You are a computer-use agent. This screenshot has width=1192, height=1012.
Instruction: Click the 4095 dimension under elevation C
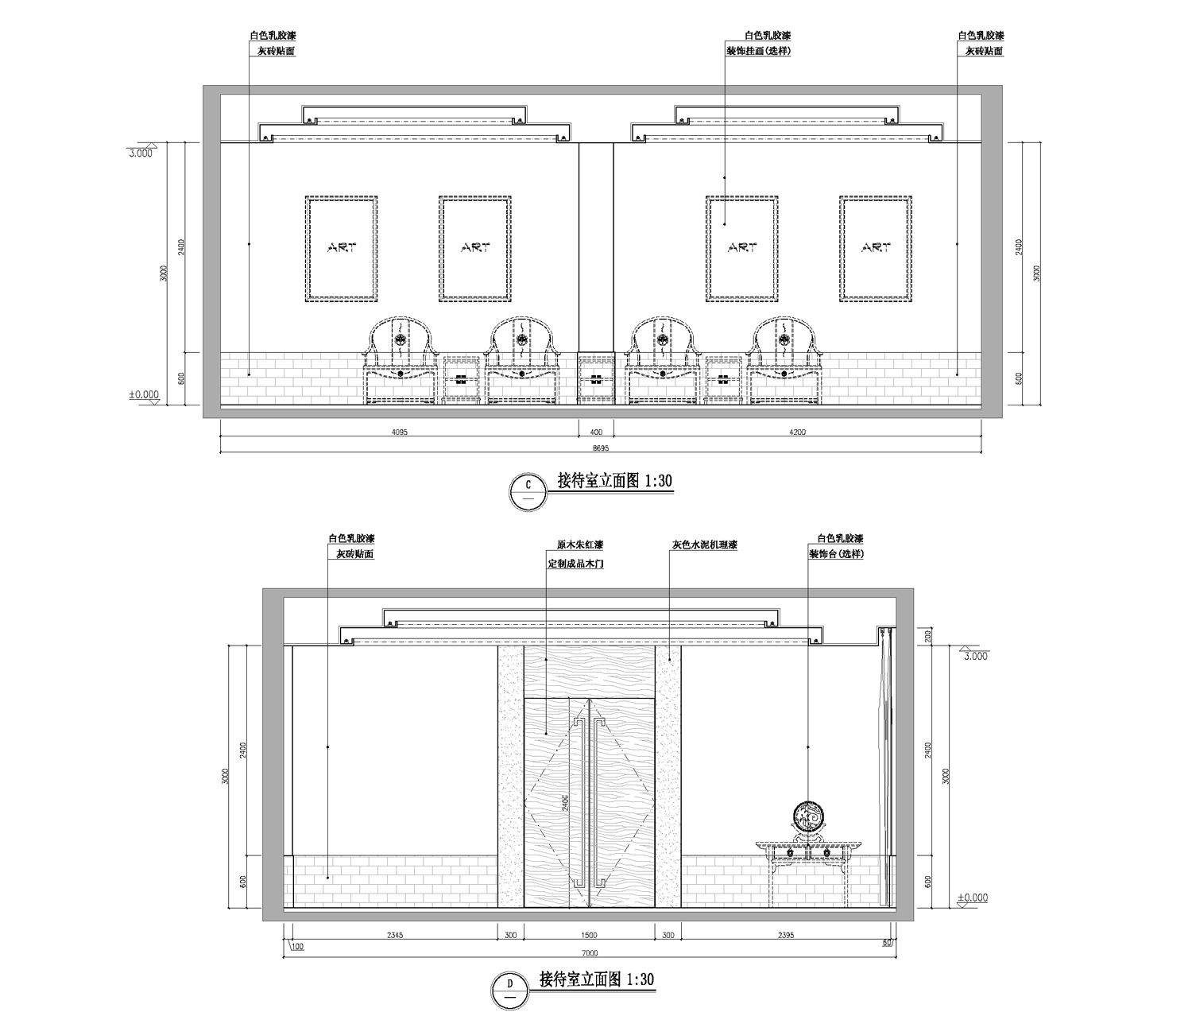399,432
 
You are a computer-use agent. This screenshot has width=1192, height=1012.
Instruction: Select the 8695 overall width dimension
600,448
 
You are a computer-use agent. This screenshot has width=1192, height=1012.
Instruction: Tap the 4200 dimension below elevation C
798,432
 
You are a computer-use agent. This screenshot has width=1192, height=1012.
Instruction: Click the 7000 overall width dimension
590,953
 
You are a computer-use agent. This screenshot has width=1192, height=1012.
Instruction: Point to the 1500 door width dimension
589,935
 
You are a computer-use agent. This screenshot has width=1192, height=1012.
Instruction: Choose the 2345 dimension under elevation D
394,935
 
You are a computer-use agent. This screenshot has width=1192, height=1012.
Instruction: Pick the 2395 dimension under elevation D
786,935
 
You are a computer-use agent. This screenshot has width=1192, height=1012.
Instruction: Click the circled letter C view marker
528,492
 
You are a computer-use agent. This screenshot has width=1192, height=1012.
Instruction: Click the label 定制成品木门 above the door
575,564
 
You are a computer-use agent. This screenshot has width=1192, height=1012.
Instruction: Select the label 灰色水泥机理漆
705,545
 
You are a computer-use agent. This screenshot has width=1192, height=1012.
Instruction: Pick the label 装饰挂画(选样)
758,51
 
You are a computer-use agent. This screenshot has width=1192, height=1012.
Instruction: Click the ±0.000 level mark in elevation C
144,395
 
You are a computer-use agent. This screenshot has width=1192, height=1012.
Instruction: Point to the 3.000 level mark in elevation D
975,656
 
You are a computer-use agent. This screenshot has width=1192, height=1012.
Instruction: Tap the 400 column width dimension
596,432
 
